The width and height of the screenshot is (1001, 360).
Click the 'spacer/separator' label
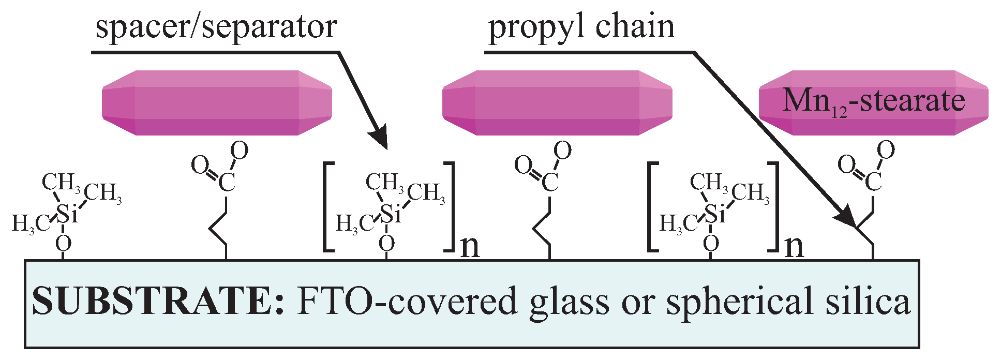point(216,27)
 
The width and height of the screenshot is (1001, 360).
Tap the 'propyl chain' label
point(581,27)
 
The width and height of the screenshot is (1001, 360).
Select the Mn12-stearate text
point(873,101)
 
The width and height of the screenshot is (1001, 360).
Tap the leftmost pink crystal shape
point(217,102)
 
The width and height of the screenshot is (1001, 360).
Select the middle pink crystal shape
point(557,102)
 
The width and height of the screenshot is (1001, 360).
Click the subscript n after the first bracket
point(470,247)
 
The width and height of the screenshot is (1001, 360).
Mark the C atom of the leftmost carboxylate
point(226,182)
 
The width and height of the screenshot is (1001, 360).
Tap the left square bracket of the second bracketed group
point(653,207)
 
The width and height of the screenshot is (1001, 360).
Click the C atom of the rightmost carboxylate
point(873,182)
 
